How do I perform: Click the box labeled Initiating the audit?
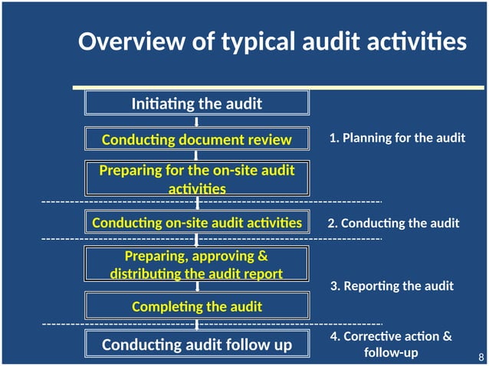click(196, 103)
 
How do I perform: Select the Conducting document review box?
click(196, 139)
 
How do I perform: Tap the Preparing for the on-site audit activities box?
click(196, 178)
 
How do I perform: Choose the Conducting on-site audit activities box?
click(196, 223)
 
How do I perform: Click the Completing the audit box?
click(196, 306)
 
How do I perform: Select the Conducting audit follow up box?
click(196, 345)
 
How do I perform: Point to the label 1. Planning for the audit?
click(397, 139)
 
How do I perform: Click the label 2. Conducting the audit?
click(393, 224)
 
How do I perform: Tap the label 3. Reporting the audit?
click(392, 286)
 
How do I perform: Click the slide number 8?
click(481, 358)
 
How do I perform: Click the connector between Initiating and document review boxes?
click(197, 121)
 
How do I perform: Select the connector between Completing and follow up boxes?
click(197, 325)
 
